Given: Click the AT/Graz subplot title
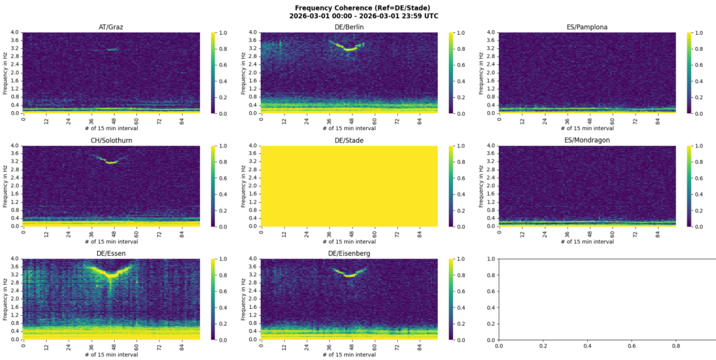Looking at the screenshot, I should pyautogui.click(x=110, y=27).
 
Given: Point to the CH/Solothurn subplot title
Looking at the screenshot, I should pyautogui.click(x=110, y=141).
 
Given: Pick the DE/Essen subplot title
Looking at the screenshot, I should pyautogui.click(x=110, y=254).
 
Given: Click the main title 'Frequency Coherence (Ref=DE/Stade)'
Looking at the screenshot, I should pyautogui.click(x=357, y=7).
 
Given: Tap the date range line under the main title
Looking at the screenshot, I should pyautogui.click(x=357, y=15).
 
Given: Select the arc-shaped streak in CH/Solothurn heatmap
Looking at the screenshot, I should pyautogui.click(x=110, y=161).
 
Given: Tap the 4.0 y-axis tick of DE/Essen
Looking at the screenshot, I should pyautogui.click(x=14, y=259).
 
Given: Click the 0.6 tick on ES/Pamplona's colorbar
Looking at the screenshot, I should pyautogui.click(x=700, y=64).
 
